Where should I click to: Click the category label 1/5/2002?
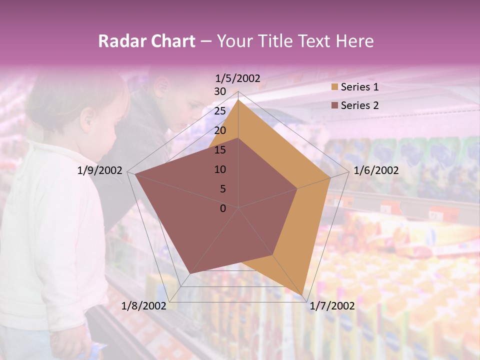pos(238,78)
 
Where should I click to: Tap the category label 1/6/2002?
pos(376,170)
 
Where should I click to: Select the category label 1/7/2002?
pos(332,305)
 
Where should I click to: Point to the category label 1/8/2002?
pos(144,305)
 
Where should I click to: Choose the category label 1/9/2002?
pos(100,170)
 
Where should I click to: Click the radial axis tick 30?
pos(220,91)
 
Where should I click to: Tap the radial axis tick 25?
pos(220,111)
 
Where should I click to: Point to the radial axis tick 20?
pos(220,130)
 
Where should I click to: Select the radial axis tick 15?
pos(220,150)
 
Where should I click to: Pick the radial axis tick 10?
pos(220,169)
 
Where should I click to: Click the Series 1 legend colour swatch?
pos(334,87)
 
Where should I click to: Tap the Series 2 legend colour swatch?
pos(334,105)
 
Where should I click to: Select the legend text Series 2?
pos(359,105)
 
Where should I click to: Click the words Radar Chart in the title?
pos(146,41)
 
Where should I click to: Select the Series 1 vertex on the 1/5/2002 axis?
pos(238,99)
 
